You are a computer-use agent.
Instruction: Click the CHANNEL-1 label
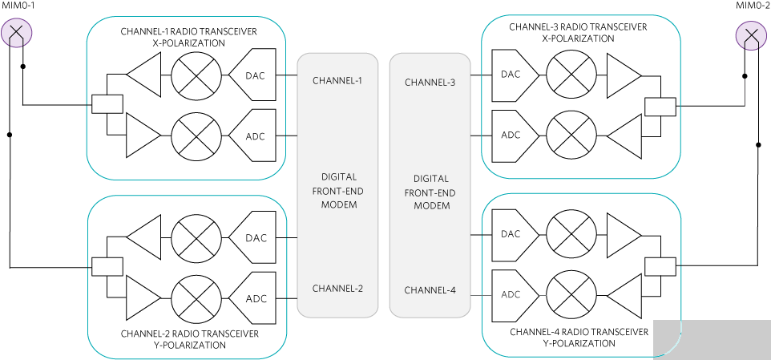pos(337,81)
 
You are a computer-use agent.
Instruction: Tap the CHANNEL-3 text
pos(430,83)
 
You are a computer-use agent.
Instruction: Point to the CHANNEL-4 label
pos(430,290)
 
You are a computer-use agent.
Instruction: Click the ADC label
pos(511,295)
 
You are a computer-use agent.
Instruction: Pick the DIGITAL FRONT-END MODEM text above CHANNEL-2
pos(337,191)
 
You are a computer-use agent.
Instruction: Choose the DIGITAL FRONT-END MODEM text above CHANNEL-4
pos(430,192)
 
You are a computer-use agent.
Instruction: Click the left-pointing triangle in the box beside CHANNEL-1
pos(147,75)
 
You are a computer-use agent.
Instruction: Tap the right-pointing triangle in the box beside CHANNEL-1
pos(141,135)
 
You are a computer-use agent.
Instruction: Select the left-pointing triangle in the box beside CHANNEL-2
pos(147,237)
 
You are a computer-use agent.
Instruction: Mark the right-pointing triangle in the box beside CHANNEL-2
pos(141,297)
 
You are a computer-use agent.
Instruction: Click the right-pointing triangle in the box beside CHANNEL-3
pos(621,75)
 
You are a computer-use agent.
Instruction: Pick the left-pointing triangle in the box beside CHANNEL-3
pos(627,136)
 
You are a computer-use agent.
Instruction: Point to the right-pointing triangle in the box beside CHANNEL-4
pos(621,236)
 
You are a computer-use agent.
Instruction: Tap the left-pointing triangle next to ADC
pos(627,296)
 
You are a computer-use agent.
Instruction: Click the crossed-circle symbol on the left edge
pos(17,34)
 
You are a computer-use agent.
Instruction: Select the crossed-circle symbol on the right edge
pos(750,36)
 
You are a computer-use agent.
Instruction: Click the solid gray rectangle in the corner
pos(712,339)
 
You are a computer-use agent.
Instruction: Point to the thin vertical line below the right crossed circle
pos(745,92)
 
